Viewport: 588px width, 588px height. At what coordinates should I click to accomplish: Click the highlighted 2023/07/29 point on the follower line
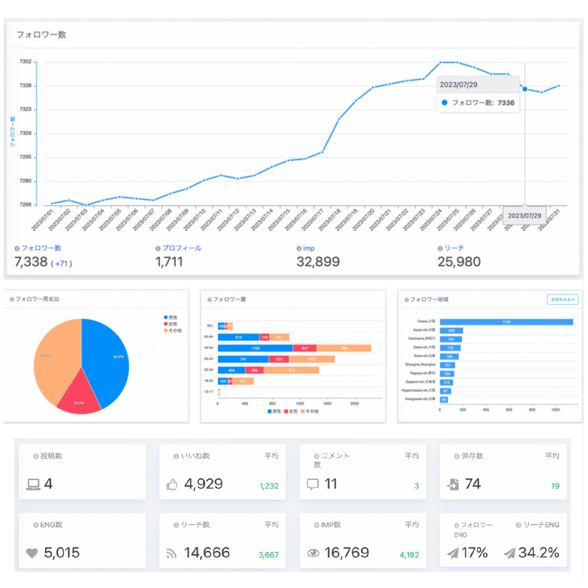coord(524,89)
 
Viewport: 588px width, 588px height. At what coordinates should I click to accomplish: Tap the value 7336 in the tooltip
coord(506,103)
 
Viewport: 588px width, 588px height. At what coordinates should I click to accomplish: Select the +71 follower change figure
coord(62,263)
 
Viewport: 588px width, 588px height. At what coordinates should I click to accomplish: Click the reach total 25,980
coord(459,262)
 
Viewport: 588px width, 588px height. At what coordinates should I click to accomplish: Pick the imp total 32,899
coord(318,262)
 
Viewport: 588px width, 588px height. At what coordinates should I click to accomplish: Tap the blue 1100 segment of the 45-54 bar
coord(255,348)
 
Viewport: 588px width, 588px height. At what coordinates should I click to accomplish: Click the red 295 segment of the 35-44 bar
coord(279,359)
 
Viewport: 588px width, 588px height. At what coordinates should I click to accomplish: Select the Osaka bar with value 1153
coord(506,322)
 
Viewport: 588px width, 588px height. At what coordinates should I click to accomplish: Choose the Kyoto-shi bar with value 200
coord(452,330)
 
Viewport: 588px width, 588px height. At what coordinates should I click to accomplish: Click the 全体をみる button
coord(562,300)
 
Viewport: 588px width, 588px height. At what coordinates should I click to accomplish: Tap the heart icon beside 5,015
coord(32,553)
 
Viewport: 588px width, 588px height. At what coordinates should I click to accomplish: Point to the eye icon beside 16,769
coord(313,553)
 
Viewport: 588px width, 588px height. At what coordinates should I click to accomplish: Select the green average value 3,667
coord(268,554)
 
